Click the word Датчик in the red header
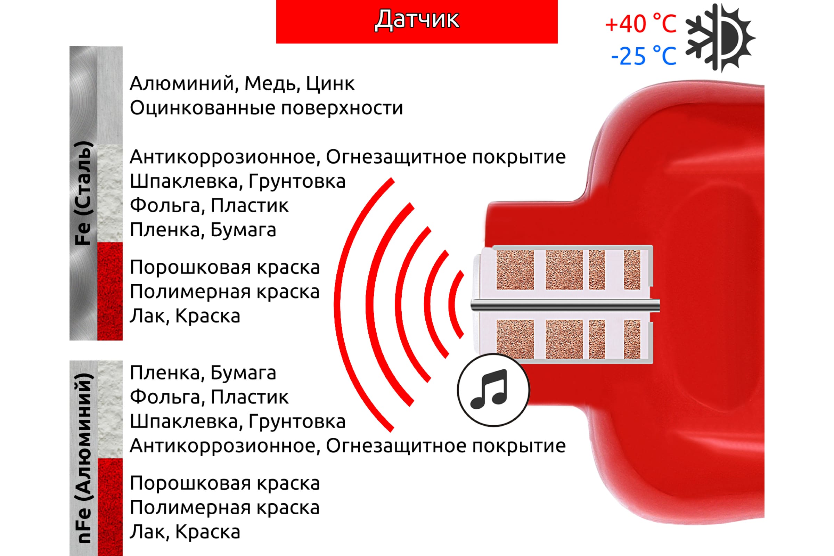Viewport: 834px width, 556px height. click(x=417, y=19)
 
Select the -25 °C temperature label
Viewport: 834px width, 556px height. click(x=644, y=56)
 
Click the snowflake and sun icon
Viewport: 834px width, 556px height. click(x=720, y=38)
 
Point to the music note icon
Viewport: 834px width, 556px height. click(x=493, y=390)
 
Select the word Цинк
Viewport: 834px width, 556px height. click(x=330, y=84)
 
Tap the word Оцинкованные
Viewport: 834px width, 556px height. click(x=203, y=108)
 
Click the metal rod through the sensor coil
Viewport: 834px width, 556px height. click(x=565, y=305)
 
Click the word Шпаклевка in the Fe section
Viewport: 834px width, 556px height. click(x=184, y=181)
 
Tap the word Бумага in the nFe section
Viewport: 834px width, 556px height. click(x=243, y=373)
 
